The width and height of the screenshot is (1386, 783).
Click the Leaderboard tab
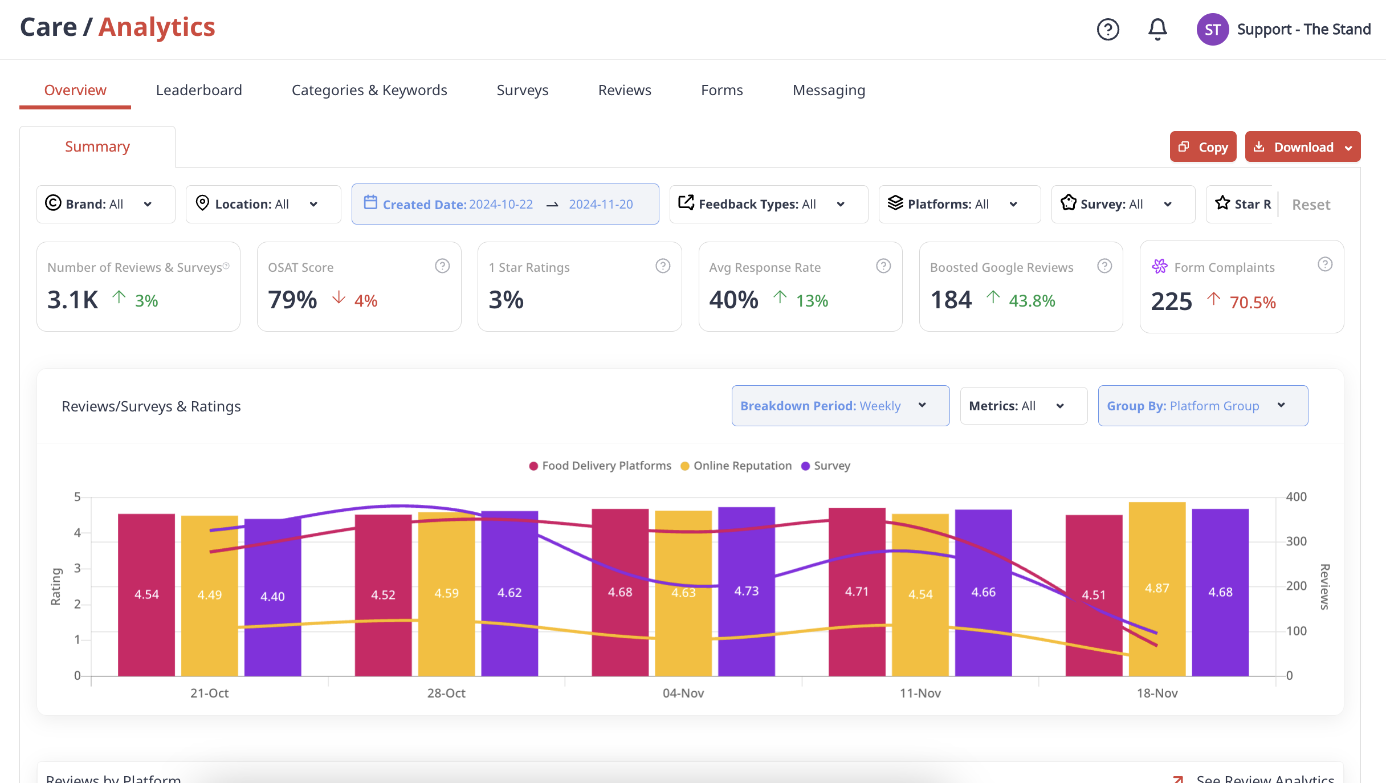coord(199,90)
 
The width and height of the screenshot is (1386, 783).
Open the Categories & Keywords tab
coord(369,90)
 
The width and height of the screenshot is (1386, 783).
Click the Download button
coord(1303,147)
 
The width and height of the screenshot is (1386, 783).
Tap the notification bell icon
coord(1157,29)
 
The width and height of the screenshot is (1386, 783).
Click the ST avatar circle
coord(1213,30)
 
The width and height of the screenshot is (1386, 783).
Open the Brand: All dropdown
coord(106,204)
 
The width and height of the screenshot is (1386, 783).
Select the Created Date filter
coord(505,204)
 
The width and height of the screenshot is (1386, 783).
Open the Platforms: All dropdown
coord(960,204)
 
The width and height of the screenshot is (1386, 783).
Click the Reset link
coord(1311,205)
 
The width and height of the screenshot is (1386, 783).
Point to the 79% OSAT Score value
coord(292,300)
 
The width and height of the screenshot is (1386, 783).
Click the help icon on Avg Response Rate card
coord(883,266)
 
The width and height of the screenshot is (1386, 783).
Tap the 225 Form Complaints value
coord(1171,301)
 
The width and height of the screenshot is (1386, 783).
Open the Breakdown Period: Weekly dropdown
coord(841,406)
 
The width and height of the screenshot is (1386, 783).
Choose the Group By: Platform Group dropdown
coord(1203,406)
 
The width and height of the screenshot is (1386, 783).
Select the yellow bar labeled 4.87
coord(1157,589)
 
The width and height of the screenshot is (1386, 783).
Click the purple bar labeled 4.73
coord(747,592)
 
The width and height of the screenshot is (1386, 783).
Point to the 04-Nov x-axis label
coord(683,693)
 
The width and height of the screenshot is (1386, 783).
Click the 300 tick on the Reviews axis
coord(1296,541)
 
